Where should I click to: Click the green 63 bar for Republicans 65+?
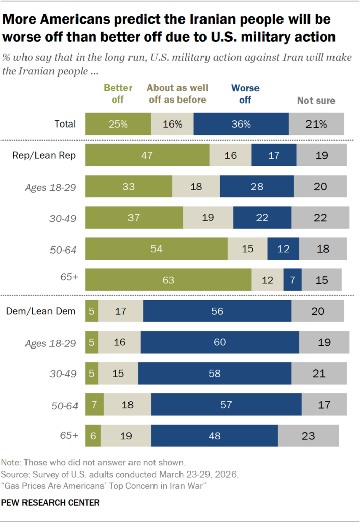tap(168, 280)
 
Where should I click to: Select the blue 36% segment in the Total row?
tap(241, 124)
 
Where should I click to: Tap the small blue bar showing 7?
tap(292, 280)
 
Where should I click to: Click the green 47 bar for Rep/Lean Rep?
tap(147, 155)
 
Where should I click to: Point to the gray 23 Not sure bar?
tap(308, 436)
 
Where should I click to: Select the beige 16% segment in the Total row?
tap(172, 124)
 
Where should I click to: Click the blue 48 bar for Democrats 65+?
tap(214, 436)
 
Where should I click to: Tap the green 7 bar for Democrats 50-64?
tap(94, 405)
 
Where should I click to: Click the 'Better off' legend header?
tap(118, 93)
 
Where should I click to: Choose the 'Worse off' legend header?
tap(245, 93)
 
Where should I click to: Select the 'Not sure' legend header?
tap(316, 100)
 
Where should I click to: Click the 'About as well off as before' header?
tap(177, 93)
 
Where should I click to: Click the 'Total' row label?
tap(65, 124)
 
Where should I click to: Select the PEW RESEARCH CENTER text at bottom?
tap(50, 503)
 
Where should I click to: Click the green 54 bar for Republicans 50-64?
tap(156, 249)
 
